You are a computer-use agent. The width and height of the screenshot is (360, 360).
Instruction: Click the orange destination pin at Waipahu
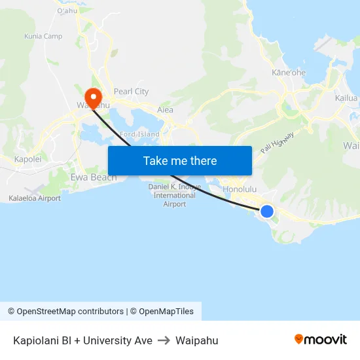[x=94, y=98]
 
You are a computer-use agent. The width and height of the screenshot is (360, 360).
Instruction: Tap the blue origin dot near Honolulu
[x=267, y=211]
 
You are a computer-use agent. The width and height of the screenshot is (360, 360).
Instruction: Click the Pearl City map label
[x=131, y=92]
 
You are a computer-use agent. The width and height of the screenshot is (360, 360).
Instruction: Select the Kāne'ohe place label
[x=289, y=73]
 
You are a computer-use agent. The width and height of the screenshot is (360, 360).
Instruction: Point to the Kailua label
[x=347, y=98]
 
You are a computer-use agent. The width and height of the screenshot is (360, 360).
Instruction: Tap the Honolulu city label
[x=240, y=189]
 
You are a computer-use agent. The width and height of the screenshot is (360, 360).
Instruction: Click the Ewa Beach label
[x=94, y=177]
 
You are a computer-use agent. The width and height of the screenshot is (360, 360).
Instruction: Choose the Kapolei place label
[x=27, y=159]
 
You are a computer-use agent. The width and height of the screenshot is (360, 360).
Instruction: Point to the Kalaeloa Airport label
[x=35, y=198]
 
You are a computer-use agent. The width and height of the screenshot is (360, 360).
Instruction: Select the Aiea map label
[x=165, y=110]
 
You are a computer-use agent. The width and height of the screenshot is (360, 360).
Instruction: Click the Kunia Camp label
[x=43, y=37]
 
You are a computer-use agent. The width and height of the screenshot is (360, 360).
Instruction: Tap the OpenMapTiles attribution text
[x=166, y=312]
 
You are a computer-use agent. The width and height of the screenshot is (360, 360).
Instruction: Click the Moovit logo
[x=321, y=340]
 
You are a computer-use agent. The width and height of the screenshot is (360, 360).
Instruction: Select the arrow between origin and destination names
[x=164, y=340]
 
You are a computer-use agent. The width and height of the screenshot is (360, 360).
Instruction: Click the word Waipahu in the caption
[x=196, y=340]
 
